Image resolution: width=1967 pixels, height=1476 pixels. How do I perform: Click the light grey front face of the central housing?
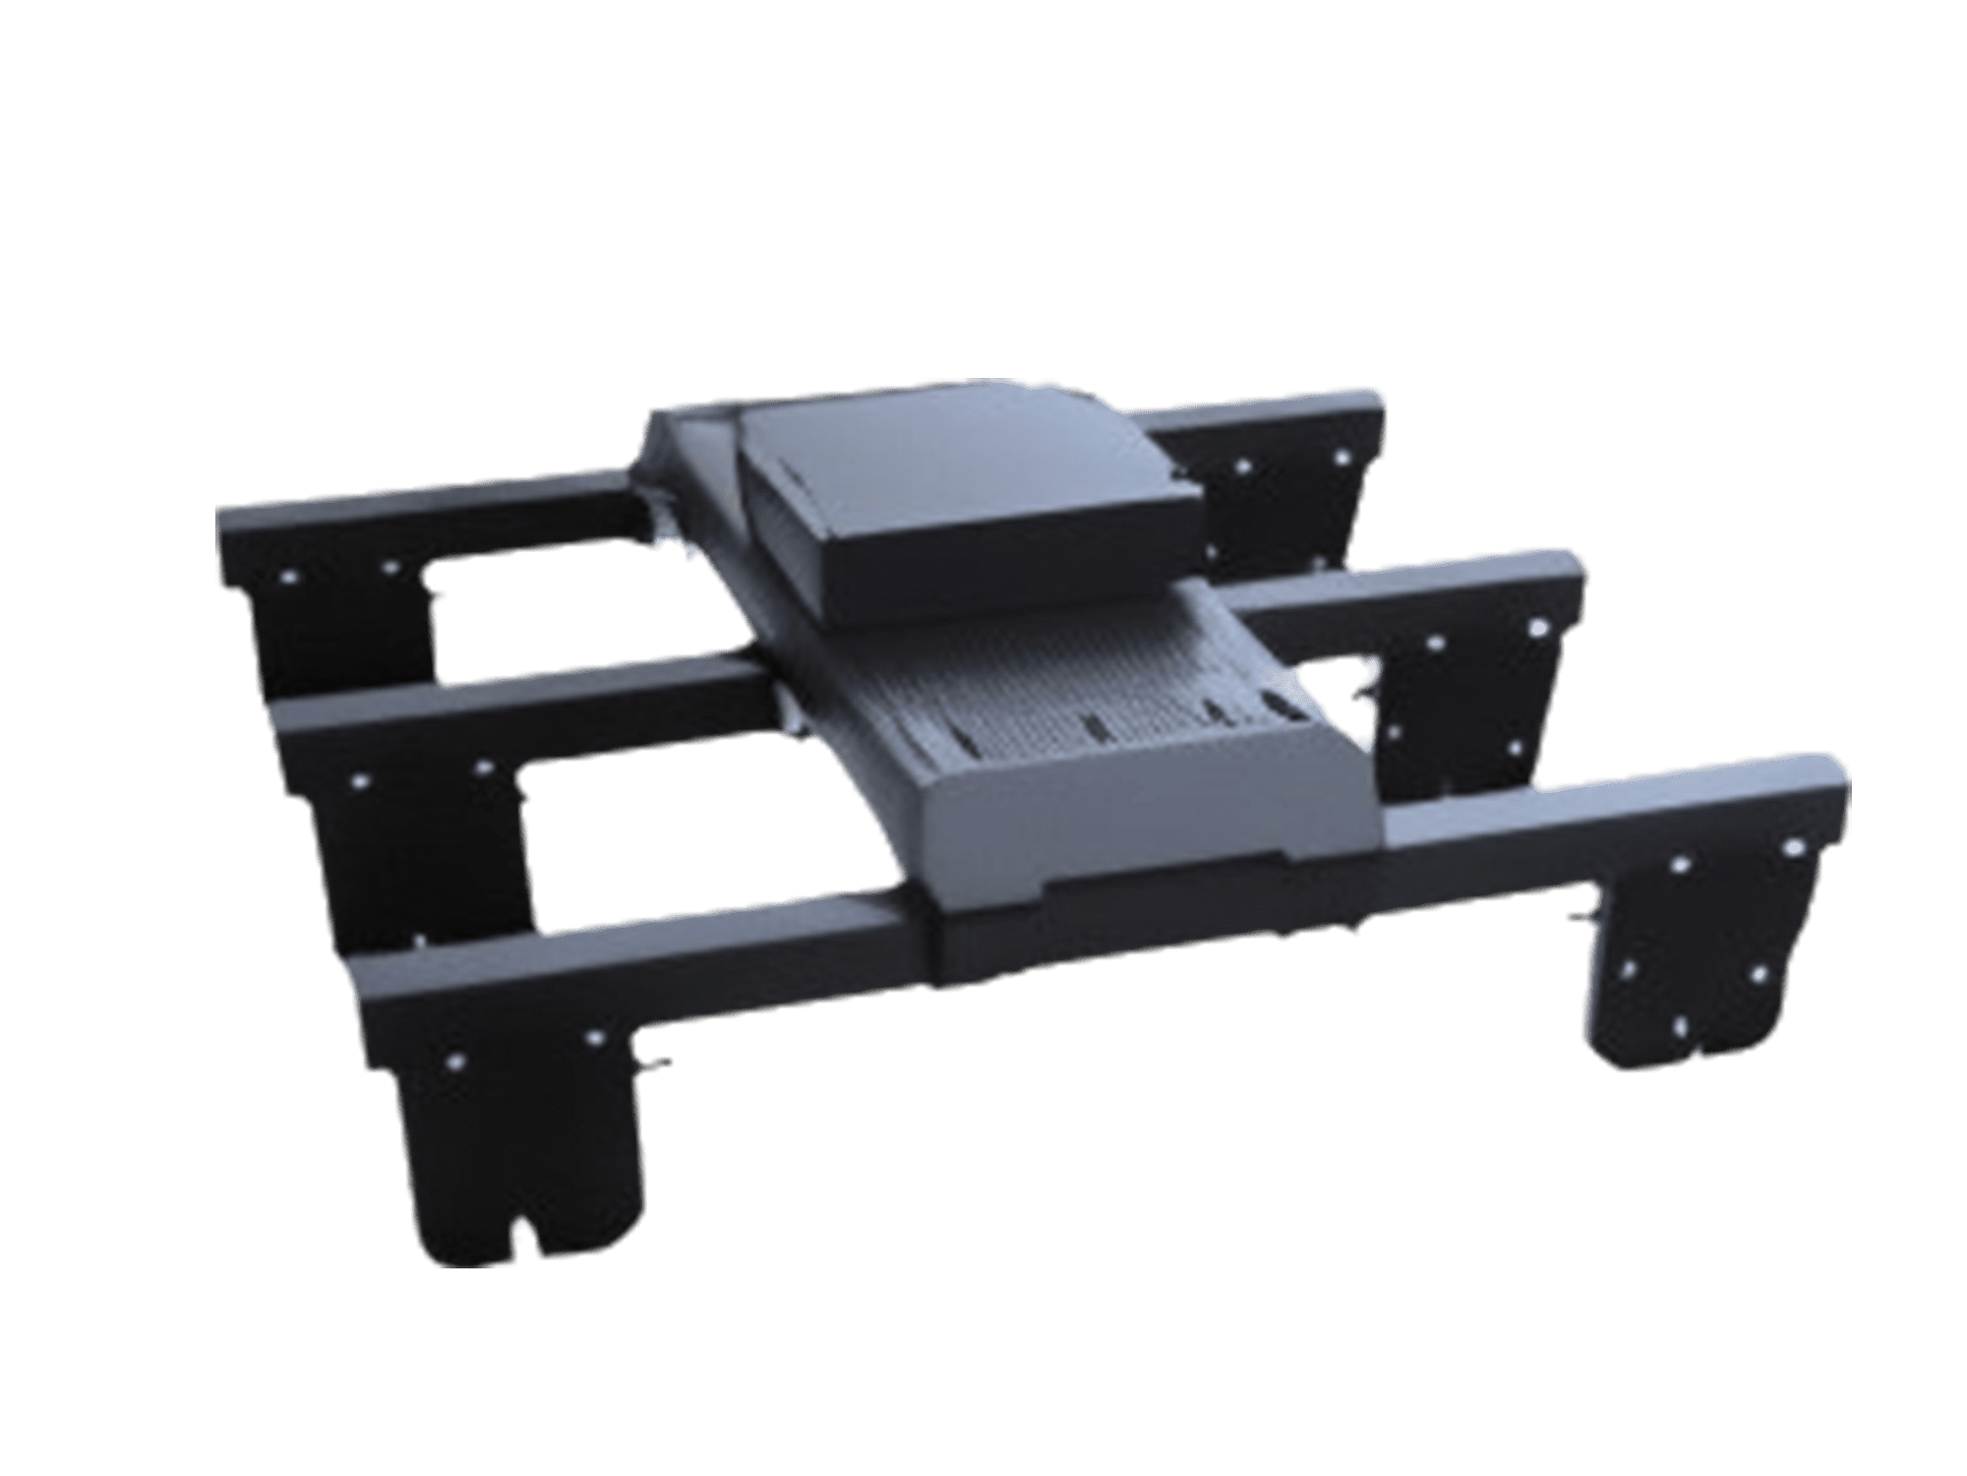1131,827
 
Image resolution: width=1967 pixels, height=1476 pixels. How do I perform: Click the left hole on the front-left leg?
455,1061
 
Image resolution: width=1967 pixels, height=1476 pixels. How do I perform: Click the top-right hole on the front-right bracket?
1792,846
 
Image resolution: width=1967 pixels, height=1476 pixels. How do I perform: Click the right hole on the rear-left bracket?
390,567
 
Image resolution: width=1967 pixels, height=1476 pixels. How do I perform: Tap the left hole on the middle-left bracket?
359,780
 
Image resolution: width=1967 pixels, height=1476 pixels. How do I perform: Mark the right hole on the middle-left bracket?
483,764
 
